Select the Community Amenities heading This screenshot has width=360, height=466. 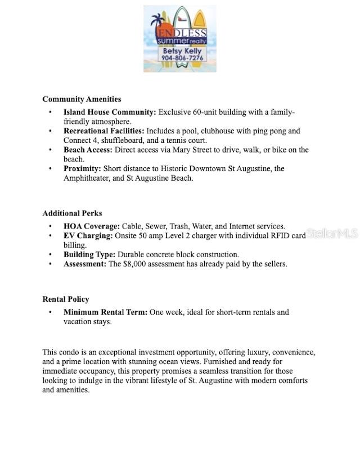(82, 99)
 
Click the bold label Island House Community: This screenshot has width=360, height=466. (110, 112)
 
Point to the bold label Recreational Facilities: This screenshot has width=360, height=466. (104, 131)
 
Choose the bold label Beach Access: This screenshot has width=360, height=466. (87, 150)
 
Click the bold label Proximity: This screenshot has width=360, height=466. (82, 168)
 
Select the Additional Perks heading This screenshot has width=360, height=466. (72, 213)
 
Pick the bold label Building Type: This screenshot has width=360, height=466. (89, 254)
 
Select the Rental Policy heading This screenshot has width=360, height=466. (66, 299)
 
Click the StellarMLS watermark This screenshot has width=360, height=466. (332, 234)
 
